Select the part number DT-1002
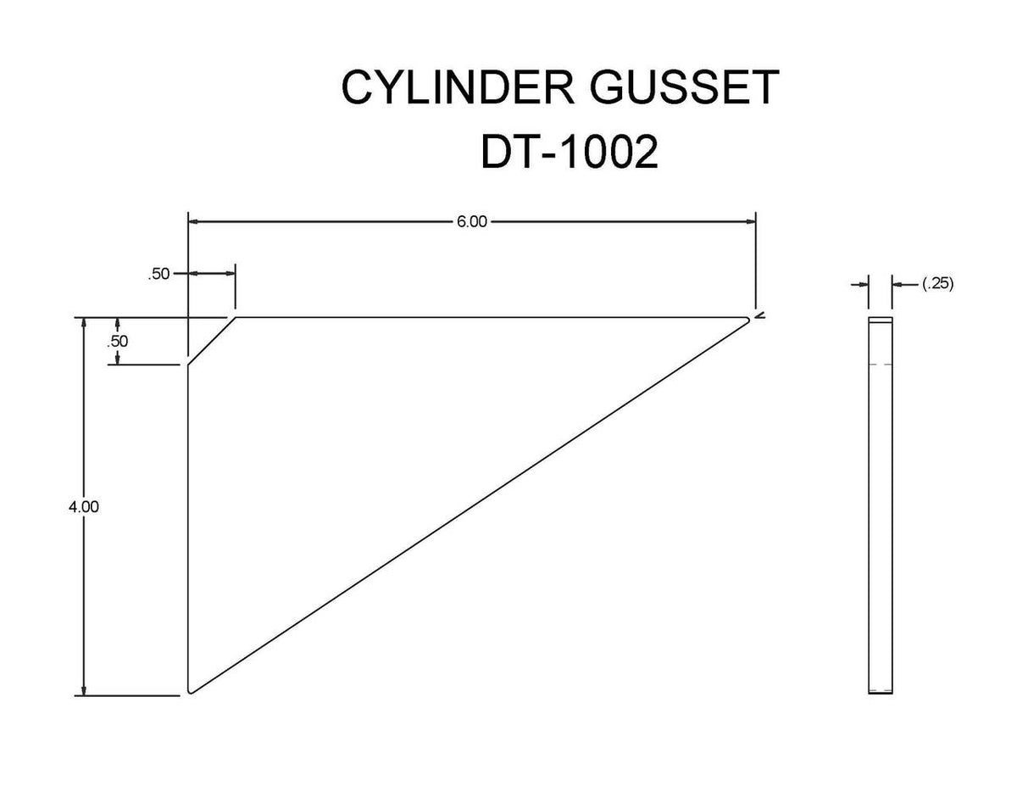(569, 153)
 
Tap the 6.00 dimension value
(472, 223)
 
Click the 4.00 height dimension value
(84, 507)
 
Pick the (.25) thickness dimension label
(938, 285)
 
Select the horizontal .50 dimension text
(158, 274)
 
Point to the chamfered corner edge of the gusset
(211, 341)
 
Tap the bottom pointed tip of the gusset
(191, 693)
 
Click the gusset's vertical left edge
(187, 526)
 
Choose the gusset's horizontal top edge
(492, 318)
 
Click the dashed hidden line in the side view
(880, 365)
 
